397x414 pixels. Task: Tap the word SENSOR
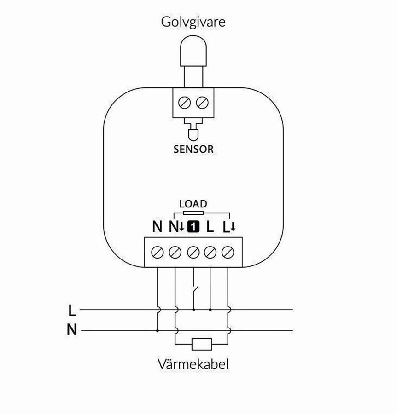[193, 149]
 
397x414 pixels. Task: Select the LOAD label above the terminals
[193, 203]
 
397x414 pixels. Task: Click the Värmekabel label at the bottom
[193, 365]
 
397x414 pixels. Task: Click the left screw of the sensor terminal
[187, 103]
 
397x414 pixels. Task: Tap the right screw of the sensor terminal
[201, 103]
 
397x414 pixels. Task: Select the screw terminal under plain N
[158, 252]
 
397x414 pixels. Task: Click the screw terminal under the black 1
[193, 252]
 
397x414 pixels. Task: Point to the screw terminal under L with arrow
[228, 252]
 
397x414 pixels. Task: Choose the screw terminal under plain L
[210, 252]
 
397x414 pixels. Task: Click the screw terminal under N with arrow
[175, 252]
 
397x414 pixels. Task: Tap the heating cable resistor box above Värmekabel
[201, 344]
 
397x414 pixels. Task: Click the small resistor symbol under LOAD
[193, 213]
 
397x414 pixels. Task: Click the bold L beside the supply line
[71, 310]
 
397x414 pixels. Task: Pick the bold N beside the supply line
[71, 330]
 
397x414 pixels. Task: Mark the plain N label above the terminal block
[158, 226]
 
